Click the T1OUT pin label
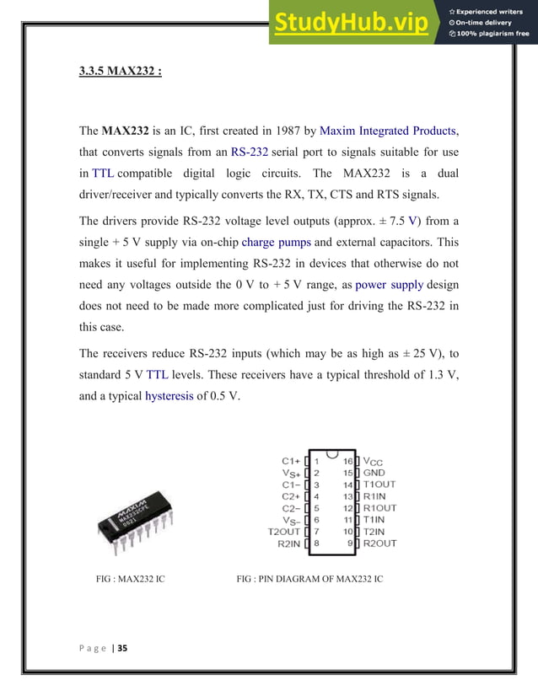379,485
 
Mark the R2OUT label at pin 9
379,543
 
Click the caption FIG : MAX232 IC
132,580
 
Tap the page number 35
122,648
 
